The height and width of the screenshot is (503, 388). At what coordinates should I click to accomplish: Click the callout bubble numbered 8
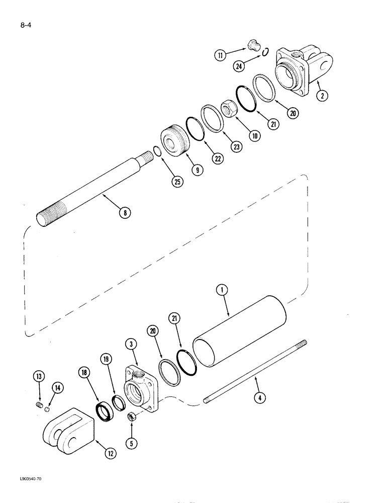[124, 212]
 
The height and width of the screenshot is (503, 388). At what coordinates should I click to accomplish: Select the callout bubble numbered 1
[223, 290]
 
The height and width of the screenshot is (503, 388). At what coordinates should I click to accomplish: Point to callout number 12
[110, 453]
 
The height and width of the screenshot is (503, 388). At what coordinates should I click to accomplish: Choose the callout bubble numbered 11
[220, 55]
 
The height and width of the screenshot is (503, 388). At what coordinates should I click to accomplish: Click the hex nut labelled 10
[229, 109]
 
